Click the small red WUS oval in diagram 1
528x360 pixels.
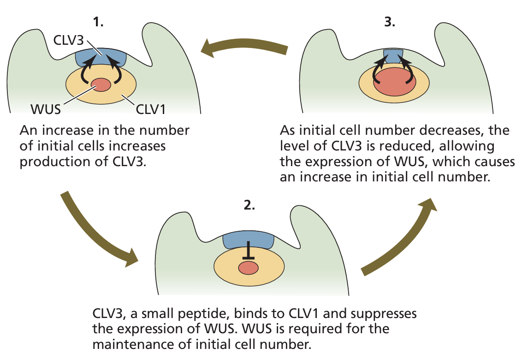click(101, 85)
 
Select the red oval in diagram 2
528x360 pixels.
click(248, 267)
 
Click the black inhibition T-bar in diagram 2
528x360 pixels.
click(248, 252)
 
